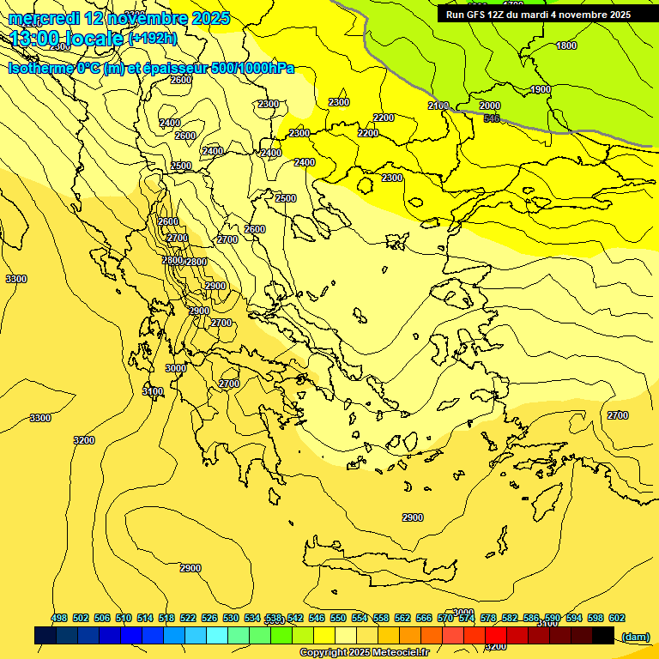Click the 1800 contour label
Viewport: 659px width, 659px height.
pyautogui.click(x=566, y=45)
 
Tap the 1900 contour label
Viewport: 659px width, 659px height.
pyautogui.click(x=541, y=90)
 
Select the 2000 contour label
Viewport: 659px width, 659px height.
pyautogui.click(x=489, y=106)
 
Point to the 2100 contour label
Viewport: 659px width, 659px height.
pyautogui.click(x=438, y=106)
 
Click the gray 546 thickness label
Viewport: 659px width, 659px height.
pyautogui.click(x=492, y=118)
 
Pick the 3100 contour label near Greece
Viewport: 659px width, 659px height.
pyautogui.click(x=153, y=392)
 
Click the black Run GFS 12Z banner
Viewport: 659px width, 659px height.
pyautogui.click(x=539, y=15)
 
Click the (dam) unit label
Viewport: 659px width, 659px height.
pyautogui.click(x=635, y=636)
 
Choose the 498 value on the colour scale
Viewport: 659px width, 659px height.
pyautogui.click(x=59, y=619)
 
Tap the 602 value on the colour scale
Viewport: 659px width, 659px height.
pyautogui.click(x=617, y=619)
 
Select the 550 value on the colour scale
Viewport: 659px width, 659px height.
pyautogui.click(x=338, y=619)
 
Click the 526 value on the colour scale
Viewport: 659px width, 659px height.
pyautogui.click(x=209, y=619)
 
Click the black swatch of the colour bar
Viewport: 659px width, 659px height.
pyautogui.click(x=603, y=636)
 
